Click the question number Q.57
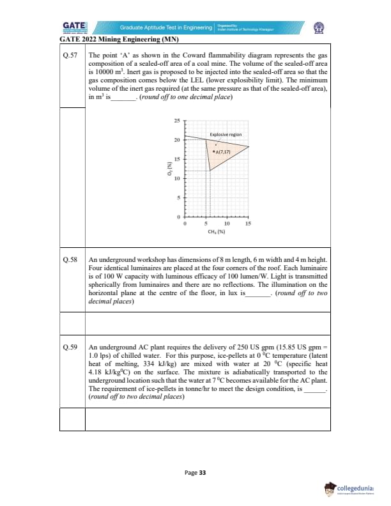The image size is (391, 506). tap(70, 56)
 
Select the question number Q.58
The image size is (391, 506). tap(70, 261)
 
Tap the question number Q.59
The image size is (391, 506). tap(70, 348)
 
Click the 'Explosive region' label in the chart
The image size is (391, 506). tap(226, 135)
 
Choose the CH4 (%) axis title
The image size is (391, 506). tap(217, 233)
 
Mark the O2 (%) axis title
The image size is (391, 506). tap(167, 170)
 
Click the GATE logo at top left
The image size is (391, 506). tap(75, 27)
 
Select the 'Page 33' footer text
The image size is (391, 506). tap(194, 473)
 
